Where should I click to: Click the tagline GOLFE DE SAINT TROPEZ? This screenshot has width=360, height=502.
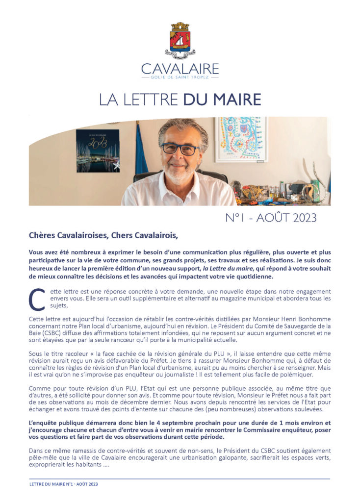180,77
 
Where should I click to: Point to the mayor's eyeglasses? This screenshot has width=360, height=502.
180,149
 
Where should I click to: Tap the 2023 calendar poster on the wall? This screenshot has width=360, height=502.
98,151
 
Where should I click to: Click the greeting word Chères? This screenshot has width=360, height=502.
42,235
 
